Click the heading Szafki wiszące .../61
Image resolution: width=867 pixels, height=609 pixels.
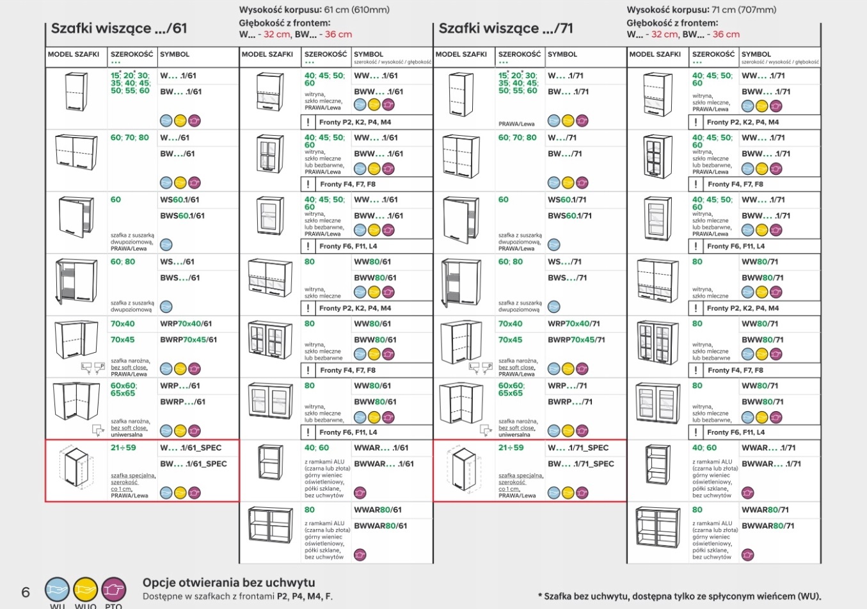pos(119,29)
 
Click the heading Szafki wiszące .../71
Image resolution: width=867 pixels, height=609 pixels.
pos(505,29)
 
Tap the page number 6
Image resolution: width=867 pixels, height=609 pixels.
pos(26,592)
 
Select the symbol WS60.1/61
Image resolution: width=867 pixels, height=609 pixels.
pos(180,200)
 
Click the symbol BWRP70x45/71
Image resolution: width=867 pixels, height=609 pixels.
pos(576,340)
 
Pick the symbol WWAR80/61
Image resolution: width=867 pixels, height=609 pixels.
pos(378,510)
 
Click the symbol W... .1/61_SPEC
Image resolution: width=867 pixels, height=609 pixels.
pos(191,448)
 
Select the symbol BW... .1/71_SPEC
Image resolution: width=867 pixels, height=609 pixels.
pos(580,464)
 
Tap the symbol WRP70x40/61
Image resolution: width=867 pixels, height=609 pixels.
pos(186,324)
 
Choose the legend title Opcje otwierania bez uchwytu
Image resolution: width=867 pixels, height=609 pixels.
pos(228,583)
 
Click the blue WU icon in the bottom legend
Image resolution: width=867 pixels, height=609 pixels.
pos(57,589)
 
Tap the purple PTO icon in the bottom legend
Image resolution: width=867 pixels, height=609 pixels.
pos(113,589)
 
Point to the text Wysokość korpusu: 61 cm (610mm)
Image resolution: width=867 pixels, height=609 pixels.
pos(314,10)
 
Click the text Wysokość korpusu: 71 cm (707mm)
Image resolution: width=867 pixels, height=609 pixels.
pos(701,10)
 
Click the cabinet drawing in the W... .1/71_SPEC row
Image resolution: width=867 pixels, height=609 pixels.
pos(463,468)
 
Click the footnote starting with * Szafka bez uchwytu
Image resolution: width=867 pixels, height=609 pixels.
pos(679,596)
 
